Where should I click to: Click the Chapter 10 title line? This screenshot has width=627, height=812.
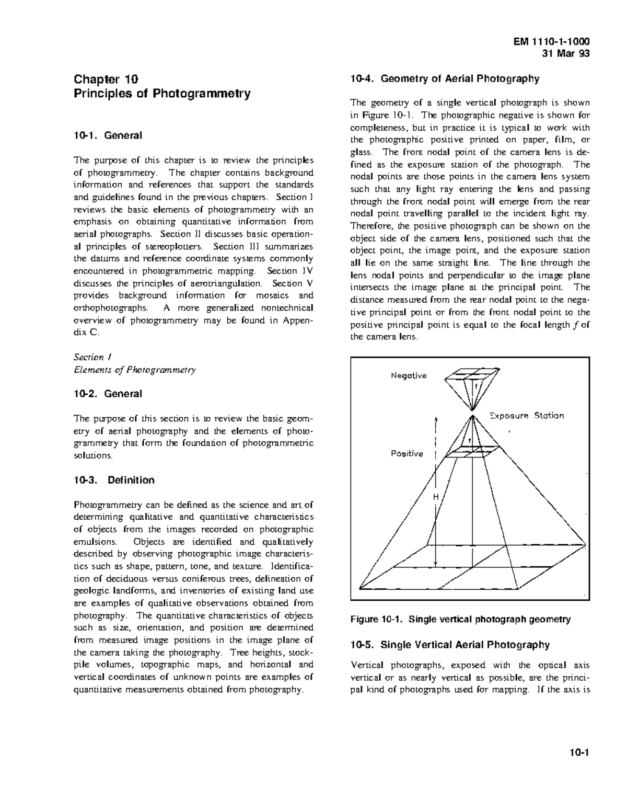(x=106, y=79)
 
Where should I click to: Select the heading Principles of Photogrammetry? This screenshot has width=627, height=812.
(x=162, y=94)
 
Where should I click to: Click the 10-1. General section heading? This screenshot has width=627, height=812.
(x=108, y=135)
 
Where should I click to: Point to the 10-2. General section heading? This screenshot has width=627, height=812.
(x=108, y=394)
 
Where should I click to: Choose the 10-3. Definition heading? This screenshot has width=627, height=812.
(x=114, y=480)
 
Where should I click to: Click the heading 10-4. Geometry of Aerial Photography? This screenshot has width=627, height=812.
(x=444, y=79)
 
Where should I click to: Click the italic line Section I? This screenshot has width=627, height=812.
(x=92, y=357)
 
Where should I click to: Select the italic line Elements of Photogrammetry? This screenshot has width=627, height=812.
(x=134, y=370)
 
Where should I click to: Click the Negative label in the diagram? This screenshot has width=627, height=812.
(x=409, y=375)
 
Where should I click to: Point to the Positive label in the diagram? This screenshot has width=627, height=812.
(x=407, y=453)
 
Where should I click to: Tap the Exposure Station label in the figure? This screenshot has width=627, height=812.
(x=526, y=416)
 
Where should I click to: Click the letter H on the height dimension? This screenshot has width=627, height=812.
(x=435, y=497)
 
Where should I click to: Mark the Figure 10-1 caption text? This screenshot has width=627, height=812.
(x=460, y=620)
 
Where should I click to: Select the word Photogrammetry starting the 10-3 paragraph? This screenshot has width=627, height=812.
(x=108, y=505)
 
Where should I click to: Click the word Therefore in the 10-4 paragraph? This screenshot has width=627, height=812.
(x=372, y=226)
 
